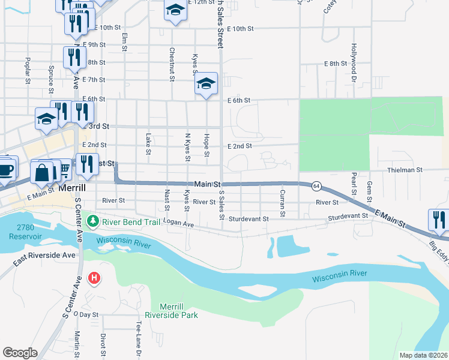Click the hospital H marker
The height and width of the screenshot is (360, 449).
point(94,278)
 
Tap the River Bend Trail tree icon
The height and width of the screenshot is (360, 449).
point(92,223)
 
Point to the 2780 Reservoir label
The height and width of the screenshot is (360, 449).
point(25,232)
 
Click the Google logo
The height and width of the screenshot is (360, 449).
point(20,353)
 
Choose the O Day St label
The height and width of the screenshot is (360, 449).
point(88,314)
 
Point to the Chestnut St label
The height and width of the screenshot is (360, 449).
point(172,64)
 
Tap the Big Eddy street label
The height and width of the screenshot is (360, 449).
point(437,248)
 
